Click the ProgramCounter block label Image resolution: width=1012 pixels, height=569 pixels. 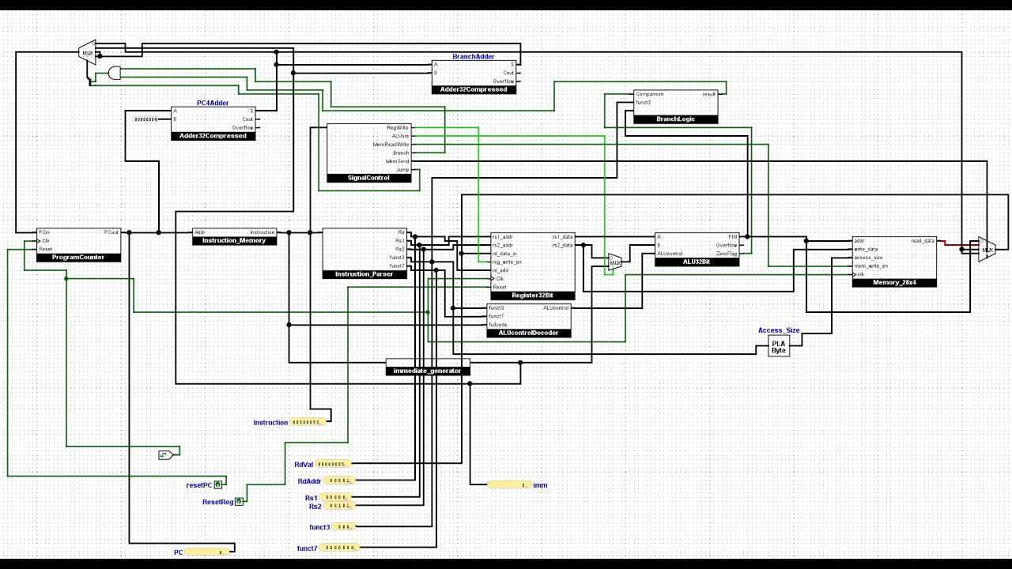pyautogui.click(x=77, y=257)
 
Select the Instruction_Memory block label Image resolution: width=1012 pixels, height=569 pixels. pyautogui.click(x=234, y=240)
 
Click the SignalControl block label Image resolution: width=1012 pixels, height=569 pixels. pyautogui.click(x=369, y=178)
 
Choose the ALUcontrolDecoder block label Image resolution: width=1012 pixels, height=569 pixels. pyautogui.click(x=528, y=333)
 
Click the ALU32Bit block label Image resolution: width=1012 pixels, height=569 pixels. pyautogui.click(x=697, y=262)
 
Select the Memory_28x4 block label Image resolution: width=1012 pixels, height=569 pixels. pyautogui.click(x=894, y=282)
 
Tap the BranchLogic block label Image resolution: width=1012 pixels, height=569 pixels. pyautogui.click(x=676, y=119)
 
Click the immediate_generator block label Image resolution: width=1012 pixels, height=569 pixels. pyautogui.click(x=427, y=371)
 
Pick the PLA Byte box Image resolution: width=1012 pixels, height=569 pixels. pyautogui.click(x=779, y=346)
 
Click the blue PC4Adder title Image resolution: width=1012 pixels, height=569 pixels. pyautogui.click(x=213, y=103)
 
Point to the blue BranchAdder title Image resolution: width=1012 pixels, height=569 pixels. pyautogui.click(x=474, y=57)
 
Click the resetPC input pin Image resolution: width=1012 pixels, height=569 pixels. pyautogui.click(x=218, y=484)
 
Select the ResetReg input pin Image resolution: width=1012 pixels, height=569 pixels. pyautogui.click(x=239, y=502)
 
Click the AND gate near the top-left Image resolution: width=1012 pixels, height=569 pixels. pyautogui.click(x=115, y=73)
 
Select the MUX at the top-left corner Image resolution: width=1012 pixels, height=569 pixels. pyautogui.click(x=87, y=53)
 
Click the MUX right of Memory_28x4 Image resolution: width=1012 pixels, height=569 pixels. pyautogui.click(x=987, y=250)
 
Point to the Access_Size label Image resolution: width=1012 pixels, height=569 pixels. pyautogui.click(x=779, y=330)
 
